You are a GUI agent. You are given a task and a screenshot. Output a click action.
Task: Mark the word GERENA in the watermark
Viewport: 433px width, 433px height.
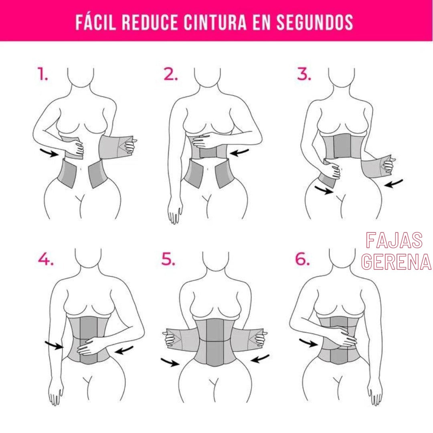pyautogui.click(x=396, y=262)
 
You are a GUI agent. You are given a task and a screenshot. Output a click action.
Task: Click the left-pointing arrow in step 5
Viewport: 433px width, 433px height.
pyautogui.click(x=260, y=358)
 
